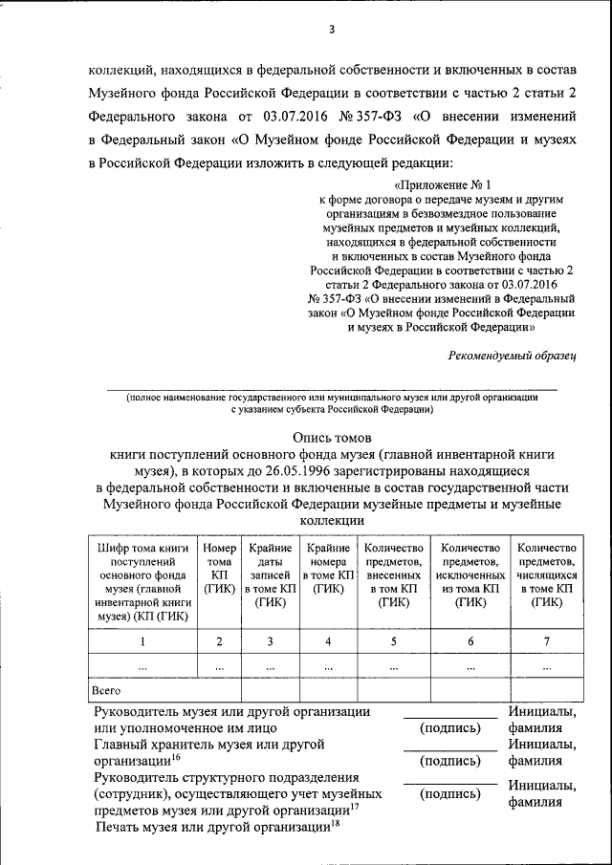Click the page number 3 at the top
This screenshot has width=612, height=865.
point(331,29)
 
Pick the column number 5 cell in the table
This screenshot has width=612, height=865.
point(393,640)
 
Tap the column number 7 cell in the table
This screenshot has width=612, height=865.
point(546,640)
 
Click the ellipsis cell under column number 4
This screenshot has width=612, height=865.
point(328,666)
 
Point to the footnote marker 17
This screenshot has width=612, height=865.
point(354,808)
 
